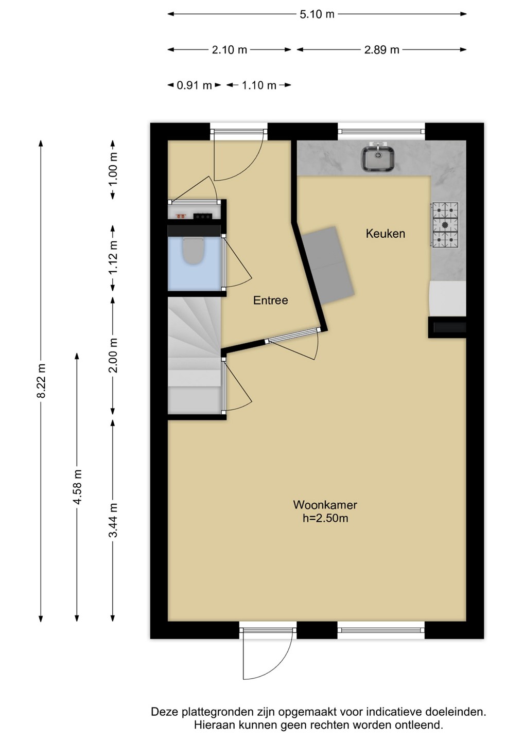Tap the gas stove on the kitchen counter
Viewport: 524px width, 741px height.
[x=445, y=224]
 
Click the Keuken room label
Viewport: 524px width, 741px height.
[x=386, y=234]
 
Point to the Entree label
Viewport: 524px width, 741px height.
[x=271, y=301]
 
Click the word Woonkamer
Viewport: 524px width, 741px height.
[x=325, y=505]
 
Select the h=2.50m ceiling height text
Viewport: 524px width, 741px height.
[x=325, y=518]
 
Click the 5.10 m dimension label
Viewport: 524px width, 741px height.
[x=317, y=14]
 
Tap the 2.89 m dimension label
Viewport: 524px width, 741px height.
[x=382, y=50]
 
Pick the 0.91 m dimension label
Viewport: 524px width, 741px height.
[x=194, y=85]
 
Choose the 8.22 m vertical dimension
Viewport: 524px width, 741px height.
[x=41, y=381]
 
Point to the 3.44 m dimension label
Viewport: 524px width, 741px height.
[x=113, y=520]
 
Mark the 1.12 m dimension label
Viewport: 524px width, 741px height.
[x=113, y=257]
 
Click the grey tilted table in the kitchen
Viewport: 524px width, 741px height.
[x=327, y=265]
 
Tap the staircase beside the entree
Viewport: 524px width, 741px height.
[x=194, y=355]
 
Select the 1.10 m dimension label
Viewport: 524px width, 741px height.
[x=259, y=85]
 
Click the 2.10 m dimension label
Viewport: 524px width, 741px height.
[x=229, y=50]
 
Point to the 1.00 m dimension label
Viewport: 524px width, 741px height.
[x=113, y=169]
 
